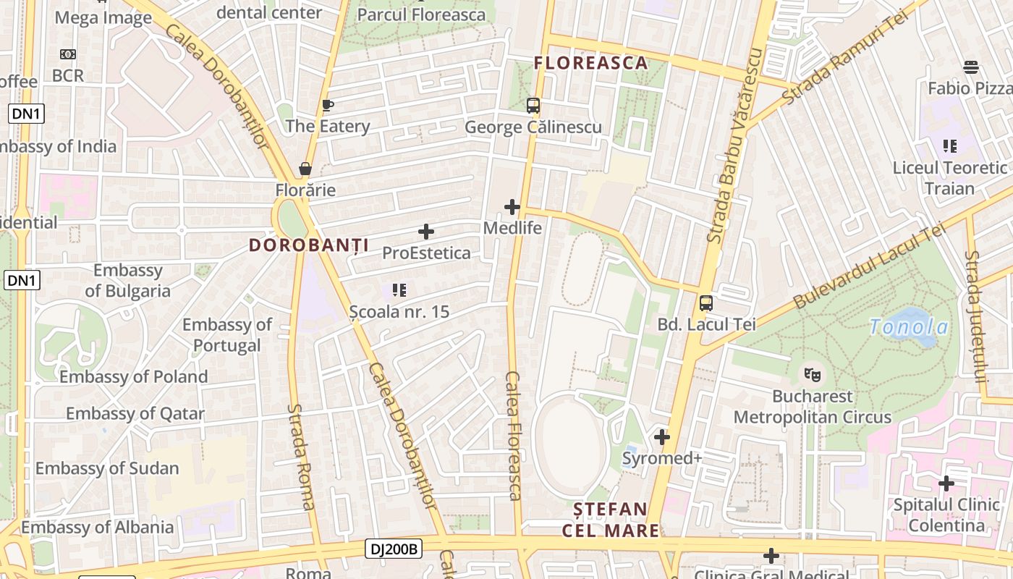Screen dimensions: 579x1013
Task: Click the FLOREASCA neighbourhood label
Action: pyautogui.click(x=590, y=63)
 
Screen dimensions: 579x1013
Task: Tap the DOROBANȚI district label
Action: pyautogui.click(x=309, y=245)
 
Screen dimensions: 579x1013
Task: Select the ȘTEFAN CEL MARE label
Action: pyautogui.click(x=611, y=520)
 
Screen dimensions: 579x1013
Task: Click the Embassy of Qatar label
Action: pyautogui.click(x=135, y=413)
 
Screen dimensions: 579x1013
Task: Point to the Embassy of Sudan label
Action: pyautogui.click(x=107, y=468)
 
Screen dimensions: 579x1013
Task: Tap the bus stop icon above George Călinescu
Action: pyautogui.click(x=533, y=106)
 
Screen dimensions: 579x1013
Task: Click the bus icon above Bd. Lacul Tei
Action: pyautogui.click(x=706, y=303)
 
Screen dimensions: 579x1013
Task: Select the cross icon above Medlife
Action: pyautogui.click(x=512, y=207)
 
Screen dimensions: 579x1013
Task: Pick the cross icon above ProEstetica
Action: pyautogui.click(x=426, y=232)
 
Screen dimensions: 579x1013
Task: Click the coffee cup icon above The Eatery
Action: pyautogui.click(x=327, y=106)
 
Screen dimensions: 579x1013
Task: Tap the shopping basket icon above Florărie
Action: pyautogui.click(x=305, y=169)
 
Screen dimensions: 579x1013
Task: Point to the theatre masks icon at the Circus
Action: pyautogui.click(x=813, y=375)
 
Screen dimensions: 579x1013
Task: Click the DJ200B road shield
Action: pyautogui.click(x=394, y=549)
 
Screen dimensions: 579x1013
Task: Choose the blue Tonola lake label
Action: pyautogui.click(x=909, y=327)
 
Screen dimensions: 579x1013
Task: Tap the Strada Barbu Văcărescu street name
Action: pyautogui.click(x=737, y=145)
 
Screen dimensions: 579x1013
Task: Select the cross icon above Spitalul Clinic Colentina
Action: pyautogui.click(x=946, y=483)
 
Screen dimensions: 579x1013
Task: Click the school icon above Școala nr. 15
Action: pyautogui.click(x=399, y=290)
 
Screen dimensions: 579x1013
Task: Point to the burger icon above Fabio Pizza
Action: pyautogui.click(x=971, y=67)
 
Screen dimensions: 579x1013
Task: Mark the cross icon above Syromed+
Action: pyautogui.click(x=661, y=437)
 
